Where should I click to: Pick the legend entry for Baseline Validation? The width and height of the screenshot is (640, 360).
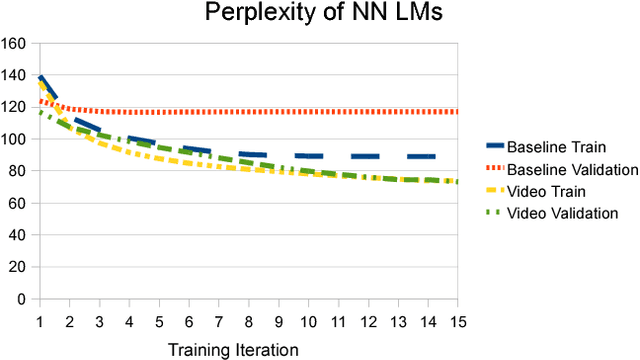(572, 169)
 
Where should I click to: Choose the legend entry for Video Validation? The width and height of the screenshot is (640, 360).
(563, 212)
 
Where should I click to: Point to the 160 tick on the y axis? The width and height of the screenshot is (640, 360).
(14, 44)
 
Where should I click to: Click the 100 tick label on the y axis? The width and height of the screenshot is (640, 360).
(14, 139)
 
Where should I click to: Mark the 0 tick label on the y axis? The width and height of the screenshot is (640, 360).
(21, 299)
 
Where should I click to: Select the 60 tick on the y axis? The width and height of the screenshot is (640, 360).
(17, 203)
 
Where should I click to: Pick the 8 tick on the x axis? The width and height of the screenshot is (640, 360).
(249, 322)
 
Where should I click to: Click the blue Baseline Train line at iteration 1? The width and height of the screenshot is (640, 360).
(40, 78)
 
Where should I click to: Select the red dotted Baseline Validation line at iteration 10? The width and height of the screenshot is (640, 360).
(309, 112)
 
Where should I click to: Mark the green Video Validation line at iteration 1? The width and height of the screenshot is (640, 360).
(40, 113)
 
